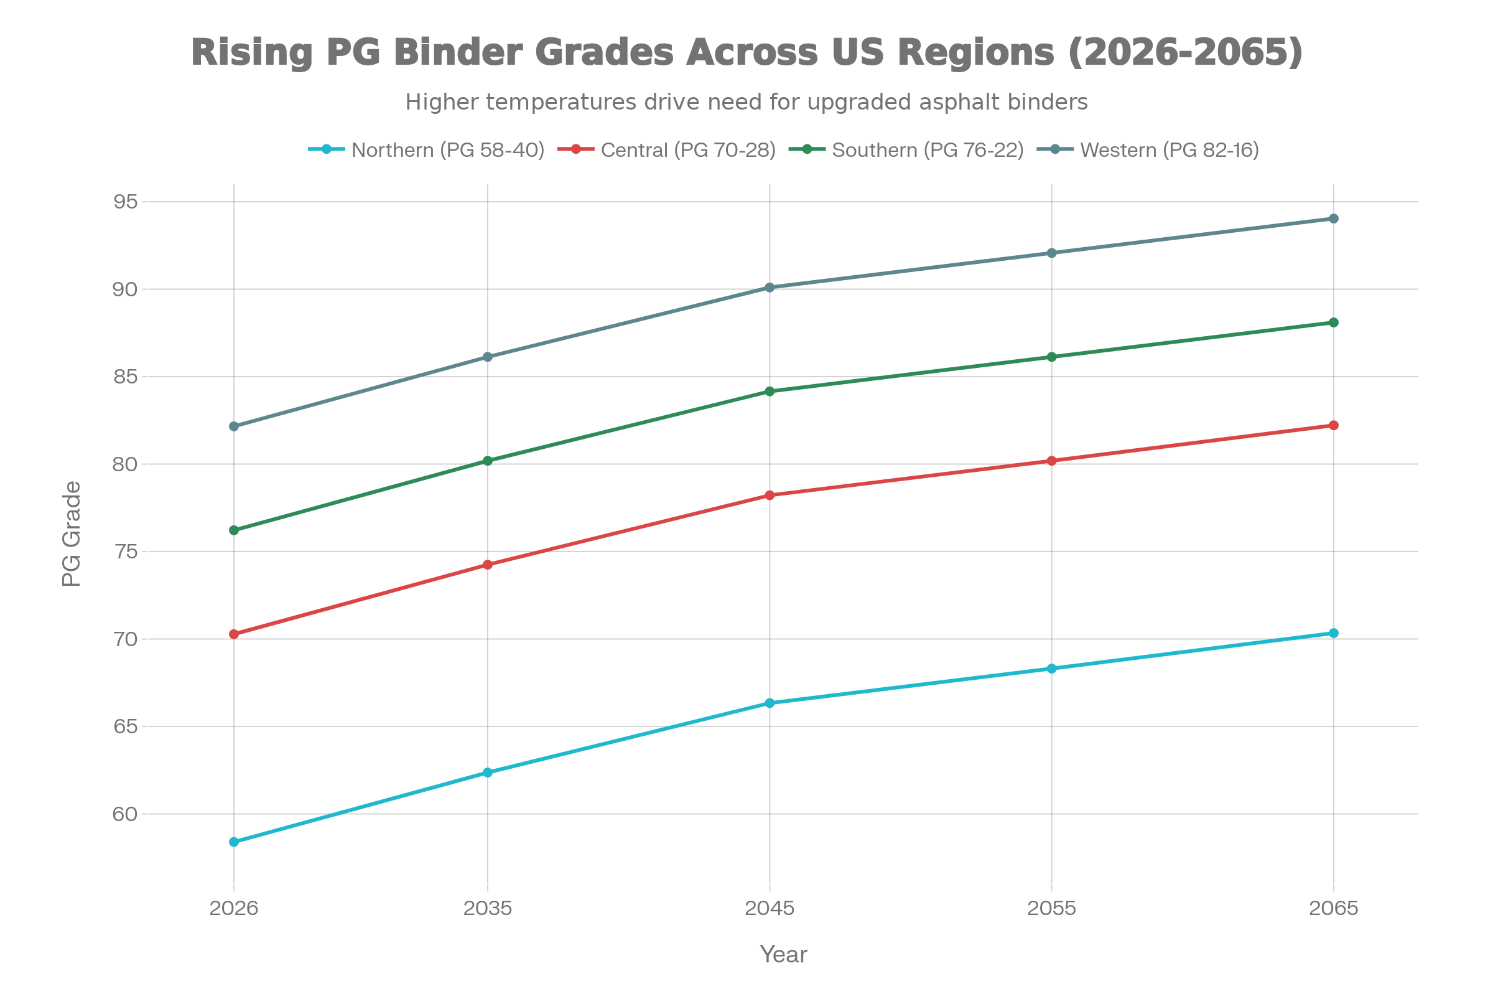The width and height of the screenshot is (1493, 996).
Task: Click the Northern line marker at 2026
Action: [x=234, y=842]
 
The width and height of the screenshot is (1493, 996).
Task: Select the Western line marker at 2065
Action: [x=1333, y=218]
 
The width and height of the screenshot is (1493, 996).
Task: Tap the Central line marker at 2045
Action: [x=770, y=495]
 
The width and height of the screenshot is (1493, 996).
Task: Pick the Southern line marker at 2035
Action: [x=488, y=461]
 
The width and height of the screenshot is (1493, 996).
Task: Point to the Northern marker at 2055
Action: [x=1051, y=668]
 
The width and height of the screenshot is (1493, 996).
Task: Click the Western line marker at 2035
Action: [x=488, y=357]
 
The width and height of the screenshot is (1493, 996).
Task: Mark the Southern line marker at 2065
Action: [x=1333, y=322]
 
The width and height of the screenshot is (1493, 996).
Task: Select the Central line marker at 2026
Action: [x=234, y=634]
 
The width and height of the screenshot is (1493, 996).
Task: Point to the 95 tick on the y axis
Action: [x=125, y=202]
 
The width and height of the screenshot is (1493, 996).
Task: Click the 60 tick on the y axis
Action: [x=125, y=814]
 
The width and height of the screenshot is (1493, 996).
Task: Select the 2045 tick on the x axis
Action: [x=770, y=908]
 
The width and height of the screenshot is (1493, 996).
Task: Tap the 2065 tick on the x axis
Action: [x=1333, y=908]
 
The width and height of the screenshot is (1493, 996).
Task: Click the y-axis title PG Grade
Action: [x=72, y=533]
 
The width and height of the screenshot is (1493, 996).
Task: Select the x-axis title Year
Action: [x=783, y=955]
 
